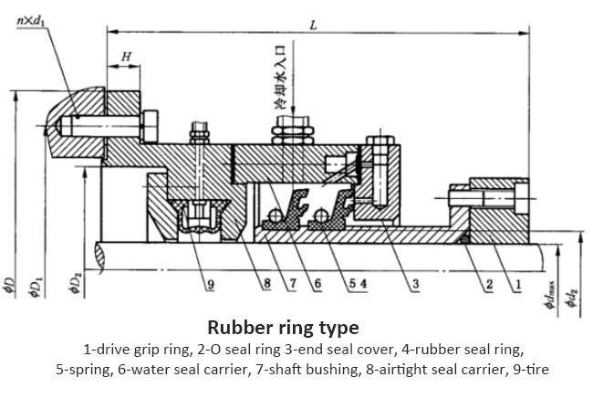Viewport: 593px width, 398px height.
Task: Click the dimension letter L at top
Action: coord(312,26)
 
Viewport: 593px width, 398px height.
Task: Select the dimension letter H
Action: coord(126,57)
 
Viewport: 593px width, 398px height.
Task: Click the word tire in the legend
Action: coord(535,369)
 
